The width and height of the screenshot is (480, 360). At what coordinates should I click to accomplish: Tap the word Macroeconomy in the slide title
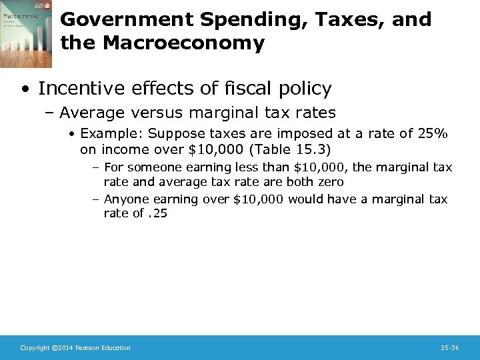[x=184, y=44]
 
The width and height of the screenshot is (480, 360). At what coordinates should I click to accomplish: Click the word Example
[x=105, y=134]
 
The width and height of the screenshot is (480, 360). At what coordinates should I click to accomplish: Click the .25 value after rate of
[x=158, y=213]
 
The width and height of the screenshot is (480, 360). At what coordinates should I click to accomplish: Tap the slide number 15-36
[x=449, y=348]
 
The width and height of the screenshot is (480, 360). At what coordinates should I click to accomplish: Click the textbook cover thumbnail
[x=25, y=33]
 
